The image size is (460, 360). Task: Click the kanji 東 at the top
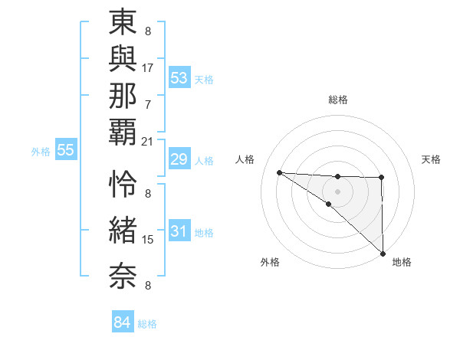(x=123, y=22)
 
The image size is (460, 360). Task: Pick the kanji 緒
(x=123, y=229)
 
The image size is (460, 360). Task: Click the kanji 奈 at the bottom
(x=123, y=273)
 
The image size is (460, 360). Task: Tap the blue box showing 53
(x=179, y=78)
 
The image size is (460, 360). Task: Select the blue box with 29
(x=179, y=159)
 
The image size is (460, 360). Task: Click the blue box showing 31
(x=179, y=232)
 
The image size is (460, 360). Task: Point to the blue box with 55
(x=66, y=151)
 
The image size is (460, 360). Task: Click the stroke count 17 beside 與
(x=148, y=67)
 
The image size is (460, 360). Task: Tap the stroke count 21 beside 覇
(x=148, y=142)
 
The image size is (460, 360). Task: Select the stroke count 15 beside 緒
(x=148, y=240)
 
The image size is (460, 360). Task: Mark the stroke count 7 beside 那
(x=148, y=103)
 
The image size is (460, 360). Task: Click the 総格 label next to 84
(x=147, y=324)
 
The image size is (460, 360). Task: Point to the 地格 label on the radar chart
(x=402, y=262)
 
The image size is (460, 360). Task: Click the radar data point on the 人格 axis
(x=279, y=172)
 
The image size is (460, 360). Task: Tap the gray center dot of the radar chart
(x=337, y=190)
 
